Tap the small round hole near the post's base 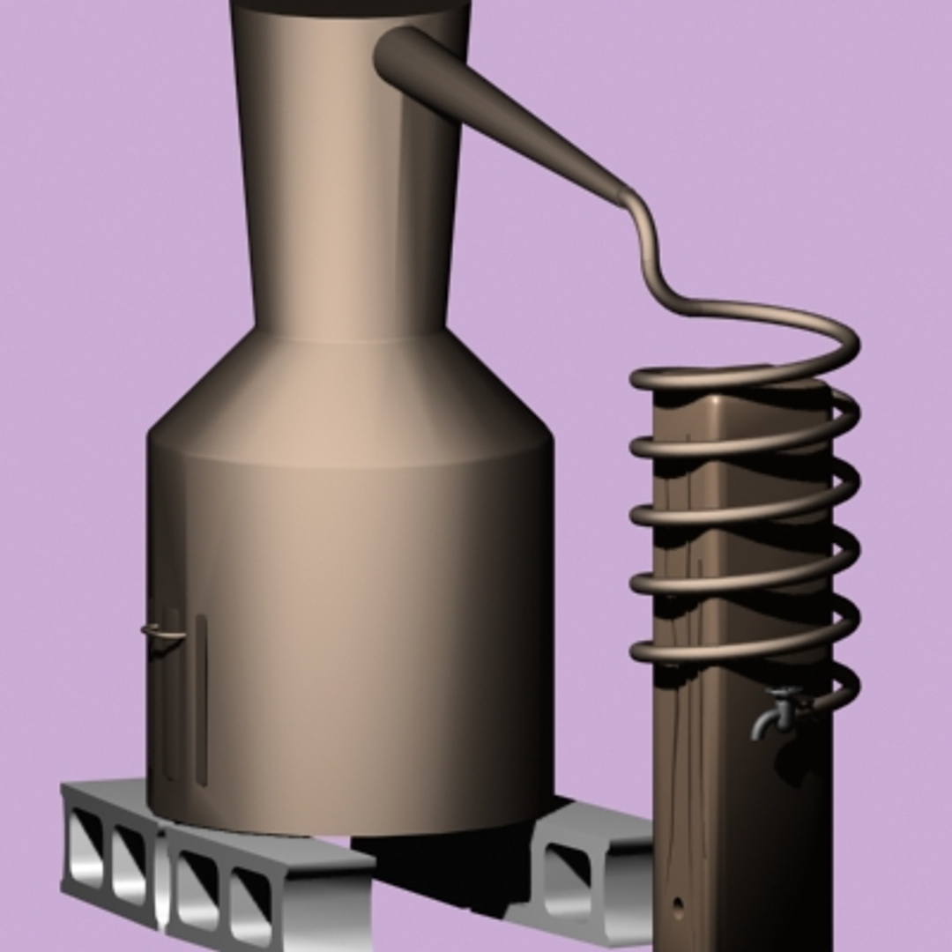coord(677,904)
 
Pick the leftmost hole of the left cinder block coord(87,846)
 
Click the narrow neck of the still coord(348,176)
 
